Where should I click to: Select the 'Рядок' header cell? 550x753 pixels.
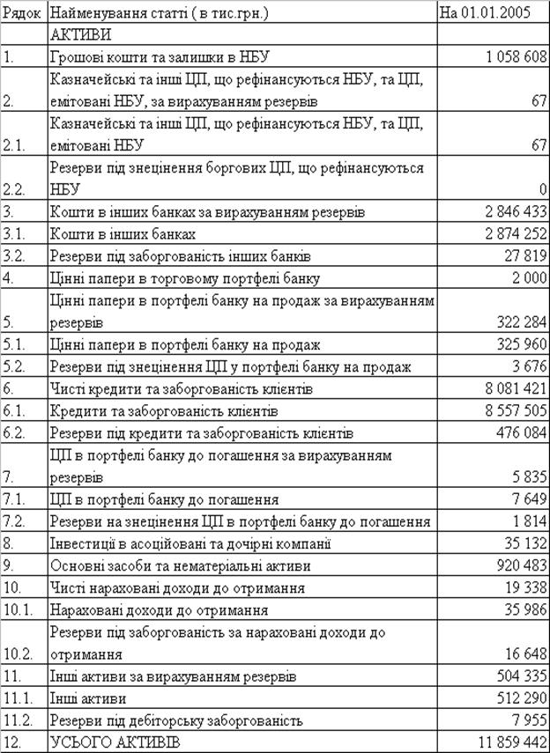coord(23,13)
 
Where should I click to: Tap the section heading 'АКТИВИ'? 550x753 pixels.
coord(82,35)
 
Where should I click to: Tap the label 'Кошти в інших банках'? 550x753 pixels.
coord(123,234)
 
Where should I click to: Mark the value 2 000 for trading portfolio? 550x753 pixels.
coord(529,279)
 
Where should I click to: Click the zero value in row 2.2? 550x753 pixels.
coord(542,189)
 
